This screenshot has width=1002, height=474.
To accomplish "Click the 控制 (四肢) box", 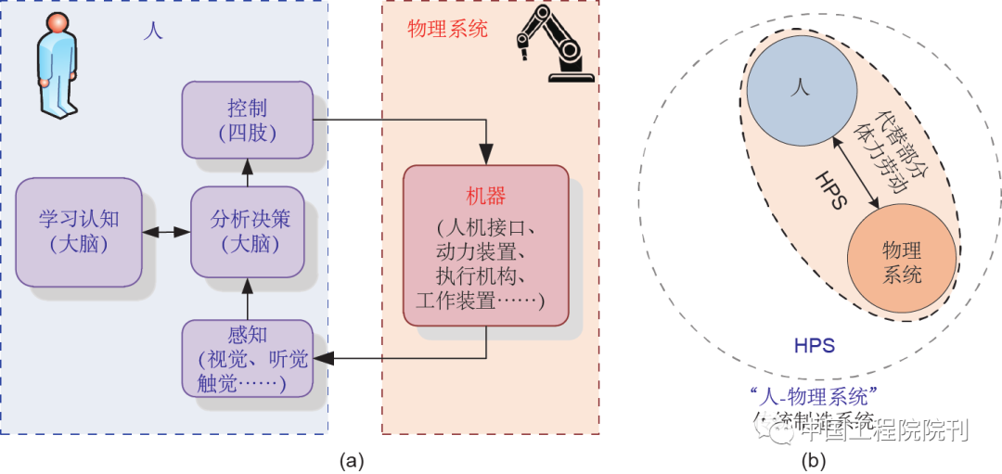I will [x=247, y=119].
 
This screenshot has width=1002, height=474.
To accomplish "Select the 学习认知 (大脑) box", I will [x=79, y=232].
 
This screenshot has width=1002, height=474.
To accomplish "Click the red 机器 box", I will [x=484, y=245].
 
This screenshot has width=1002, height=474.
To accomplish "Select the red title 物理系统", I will [x=447, y=29].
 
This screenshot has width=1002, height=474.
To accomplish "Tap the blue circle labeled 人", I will [x=801, y=86].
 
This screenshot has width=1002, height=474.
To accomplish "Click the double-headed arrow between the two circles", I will [x=854, y=172].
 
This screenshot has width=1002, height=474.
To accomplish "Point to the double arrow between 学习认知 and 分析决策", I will [x=166, y=232].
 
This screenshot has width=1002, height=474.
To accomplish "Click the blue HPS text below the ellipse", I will [x=814, y=347].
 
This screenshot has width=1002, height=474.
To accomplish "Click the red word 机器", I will [x=484, y=198].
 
